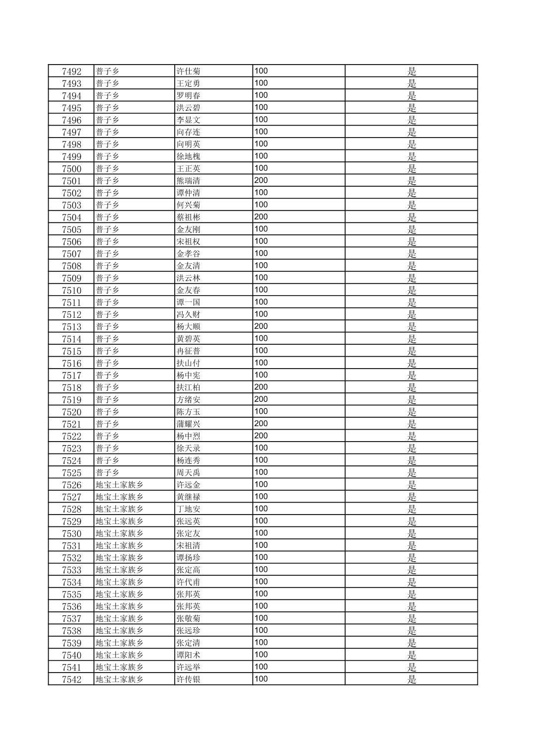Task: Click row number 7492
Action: (x=71, y=71)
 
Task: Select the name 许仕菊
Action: (x=189, y=71)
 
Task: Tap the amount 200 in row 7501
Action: (x=261, y=180)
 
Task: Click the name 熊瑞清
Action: (x=189, y=181)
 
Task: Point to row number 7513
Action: (x=71, y=327)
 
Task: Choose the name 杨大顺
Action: (x=189, y=327)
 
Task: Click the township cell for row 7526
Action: (x=120, y=485)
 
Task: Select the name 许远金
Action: (x=189, y=485)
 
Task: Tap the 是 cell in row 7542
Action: (x=411, y=679)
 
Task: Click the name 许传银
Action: (x=189, y=679)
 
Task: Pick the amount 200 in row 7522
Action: (x=261, y=436)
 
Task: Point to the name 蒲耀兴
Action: (x=189, y=424)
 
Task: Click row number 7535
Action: (x=71, y=595)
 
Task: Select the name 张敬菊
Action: (x=189, y=619)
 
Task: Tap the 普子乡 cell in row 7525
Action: (x=108, y=473)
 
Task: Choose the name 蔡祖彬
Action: (x=189, y=217)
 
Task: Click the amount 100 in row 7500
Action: (x=261, y=168)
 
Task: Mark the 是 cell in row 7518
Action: (x=411, y=387)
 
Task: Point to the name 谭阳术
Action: (x=189, y=655)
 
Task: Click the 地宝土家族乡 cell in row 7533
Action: (x=120, y=570)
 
